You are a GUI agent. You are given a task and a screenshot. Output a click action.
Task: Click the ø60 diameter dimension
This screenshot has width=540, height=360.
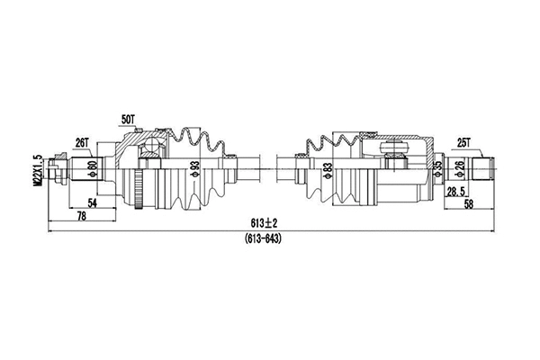[92, 167]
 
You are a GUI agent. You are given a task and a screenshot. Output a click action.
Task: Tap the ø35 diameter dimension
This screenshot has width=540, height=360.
[438, 168]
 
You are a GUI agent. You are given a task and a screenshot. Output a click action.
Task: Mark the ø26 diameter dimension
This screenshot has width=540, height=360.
[460, 168]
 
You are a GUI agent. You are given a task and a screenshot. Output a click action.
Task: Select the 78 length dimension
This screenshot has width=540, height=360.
[80, 218]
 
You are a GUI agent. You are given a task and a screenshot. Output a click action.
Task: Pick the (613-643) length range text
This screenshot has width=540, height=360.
[265, 238]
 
